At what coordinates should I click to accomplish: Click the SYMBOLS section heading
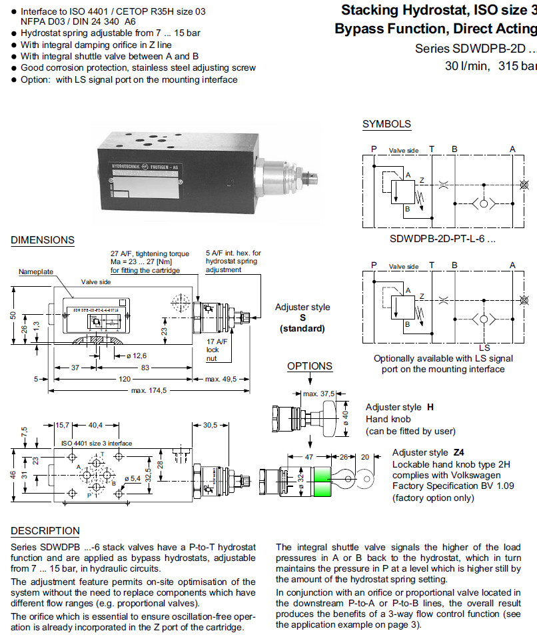[x=386, y=124]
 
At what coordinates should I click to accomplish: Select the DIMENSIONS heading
[x=43, y=240]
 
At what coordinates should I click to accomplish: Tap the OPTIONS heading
[x=310, y=366]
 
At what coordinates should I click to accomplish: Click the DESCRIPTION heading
[x=45, y=531]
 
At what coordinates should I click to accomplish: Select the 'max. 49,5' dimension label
[x=221, y=380]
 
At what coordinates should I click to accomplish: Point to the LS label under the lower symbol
[x=484, y=348]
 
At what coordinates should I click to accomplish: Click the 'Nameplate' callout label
[x=36, y=272]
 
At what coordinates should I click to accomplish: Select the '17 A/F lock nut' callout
[x=213, y=349]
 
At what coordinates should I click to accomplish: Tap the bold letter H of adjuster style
[x=430, y=407]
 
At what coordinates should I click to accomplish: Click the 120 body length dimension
[x=125, y=380]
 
